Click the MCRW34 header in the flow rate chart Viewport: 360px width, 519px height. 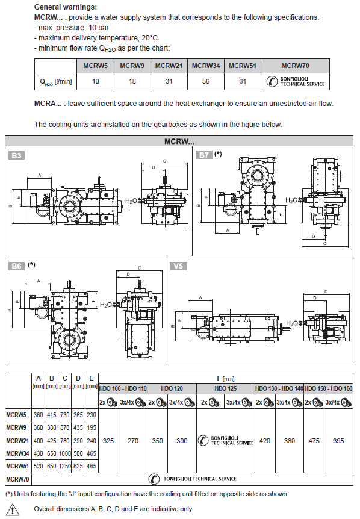pyautogui.click(x=206, y=66)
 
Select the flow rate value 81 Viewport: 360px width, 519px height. pyautogui.click(x=243, y=81)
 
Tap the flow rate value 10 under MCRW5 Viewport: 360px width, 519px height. pyautogui.click(x=95, y=81)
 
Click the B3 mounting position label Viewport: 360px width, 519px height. pyautogui.click(x=16, y=155)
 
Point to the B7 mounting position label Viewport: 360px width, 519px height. pyautogui.click(x=204, y=155)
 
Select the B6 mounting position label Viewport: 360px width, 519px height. pyautogui.click(x=16, y=266)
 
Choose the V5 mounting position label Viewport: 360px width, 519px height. pyautogui.click(x=178, y=266)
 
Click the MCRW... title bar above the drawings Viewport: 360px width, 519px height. pyautogui.click(x=179, y=141)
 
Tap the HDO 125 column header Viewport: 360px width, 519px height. pyautogui.click(x=226, y=388)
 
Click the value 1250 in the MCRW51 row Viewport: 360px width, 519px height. pyautogui.click(x=65, y=466)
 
